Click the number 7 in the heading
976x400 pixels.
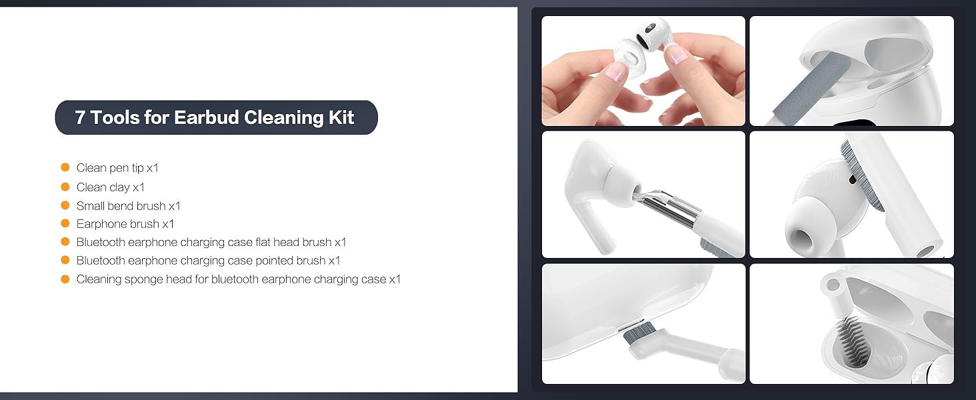81,118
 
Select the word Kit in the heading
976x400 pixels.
341,118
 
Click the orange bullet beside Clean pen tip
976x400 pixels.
65,167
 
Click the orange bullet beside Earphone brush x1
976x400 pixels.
65,223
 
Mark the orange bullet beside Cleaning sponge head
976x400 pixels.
65,279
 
